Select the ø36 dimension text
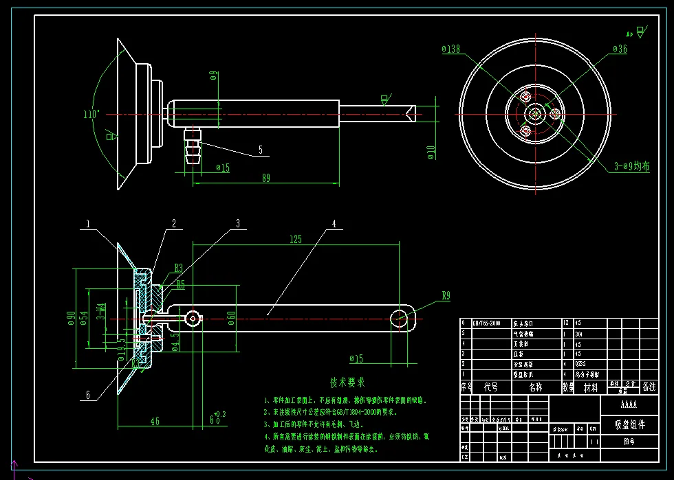point(619,49)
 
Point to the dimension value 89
point(265,178)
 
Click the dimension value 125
point(296,240)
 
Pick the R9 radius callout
point(446,296)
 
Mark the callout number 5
point(261,149)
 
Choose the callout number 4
point(334,224)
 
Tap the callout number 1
point(89,224)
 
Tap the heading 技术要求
point(347,382)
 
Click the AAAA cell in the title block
point(629,404)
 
